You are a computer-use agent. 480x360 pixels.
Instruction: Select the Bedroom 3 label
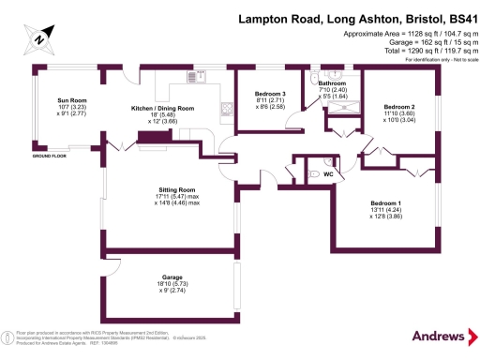pos(270,93)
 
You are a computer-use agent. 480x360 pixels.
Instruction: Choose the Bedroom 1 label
pos(385,203)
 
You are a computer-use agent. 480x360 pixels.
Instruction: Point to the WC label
pos(329,174)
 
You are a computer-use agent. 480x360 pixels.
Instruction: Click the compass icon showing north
pos(37,38)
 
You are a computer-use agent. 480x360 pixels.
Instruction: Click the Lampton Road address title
pos(356,18)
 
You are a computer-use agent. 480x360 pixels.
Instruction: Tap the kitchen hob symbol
pos(225,107)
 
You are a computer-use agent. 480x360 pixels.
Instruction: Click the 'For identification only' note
pos(436,59)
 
